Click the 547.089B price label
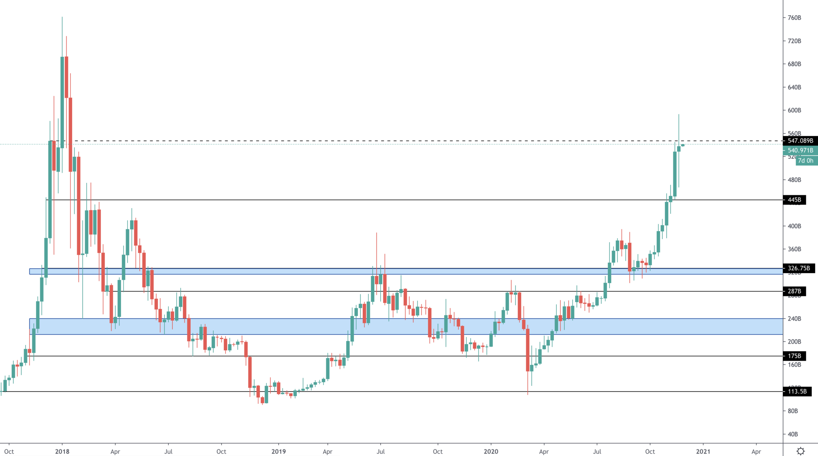[800, 141]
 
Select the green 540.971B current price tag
[800, 150]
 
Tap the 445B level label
[794, 200]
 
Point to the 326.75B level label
[799, 268]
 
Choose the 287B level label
[794, 291]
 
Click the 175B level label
[794, 356]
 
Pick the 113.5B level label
[797, 391]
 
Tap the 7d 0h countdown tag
[806, 160]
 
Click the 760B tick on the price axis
[794, 18]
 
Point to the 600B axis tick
[794, 110]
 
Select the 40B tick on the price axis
[793, 434]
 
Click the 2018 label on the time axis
[62, 451]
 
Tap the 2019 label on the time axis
[279, 451]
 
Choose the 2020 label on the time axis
[491, 451]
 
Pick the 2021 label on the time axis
[703, 451]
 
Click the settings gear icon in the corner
[801, 451]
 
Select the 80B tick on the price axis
[793, 411]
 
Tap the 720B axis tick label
[794, 41]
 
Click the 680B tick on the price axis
[794, 64]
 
